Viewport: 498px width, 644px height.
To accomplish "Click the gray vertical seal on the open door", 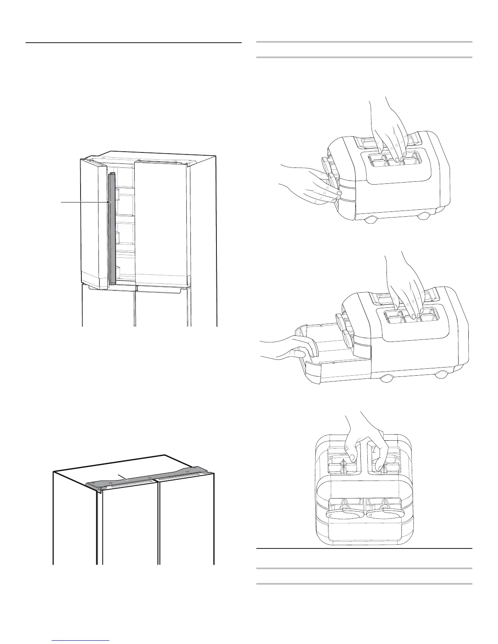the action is [112, 228].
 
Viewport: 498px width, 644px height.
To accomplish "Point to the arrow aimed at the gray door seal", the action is [85, 202].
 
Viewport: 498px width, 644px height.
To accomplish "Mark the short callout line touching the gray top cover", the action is [123, 478].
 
